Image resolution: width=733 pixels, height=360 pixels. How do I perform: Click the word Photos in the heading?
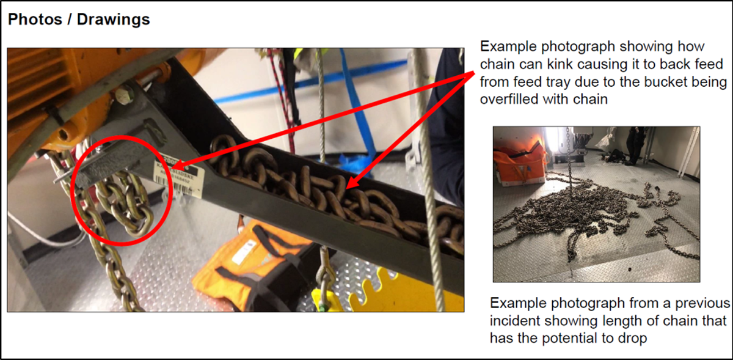click(x=35, y=20)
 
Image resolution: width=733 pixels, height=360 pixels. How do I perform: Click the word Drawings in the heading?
click(x=113, y=20)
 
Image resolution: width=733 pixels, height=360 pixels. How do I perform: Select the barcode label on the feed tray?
click(x=179, y=178)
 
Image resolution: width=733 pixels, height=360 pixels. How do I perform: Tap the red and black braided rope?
click(x=282, y=98)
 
